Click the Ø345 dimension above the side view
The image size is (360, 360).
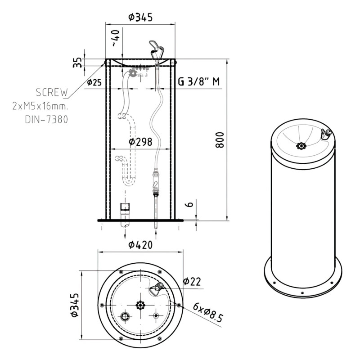coord(140,17)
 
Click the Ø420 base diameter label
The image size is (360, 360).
coord(140,245)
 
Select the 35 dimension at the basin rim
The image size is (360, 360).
coord(77,62)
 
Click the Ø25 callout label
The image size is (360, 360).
coord(94,82)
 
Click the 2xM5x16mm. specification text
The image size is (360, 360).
coord(40,107)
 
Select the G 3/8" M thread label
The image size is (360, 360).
coord(198,82)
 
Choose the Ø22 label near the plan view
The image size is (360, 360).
coord(192,281)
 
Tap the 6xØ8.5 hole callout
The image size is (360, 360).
coord(207,312)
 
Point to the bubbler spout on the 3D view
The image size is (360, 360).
coord(325,133)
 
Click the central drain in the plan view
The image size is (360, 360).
coord(140,305)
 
